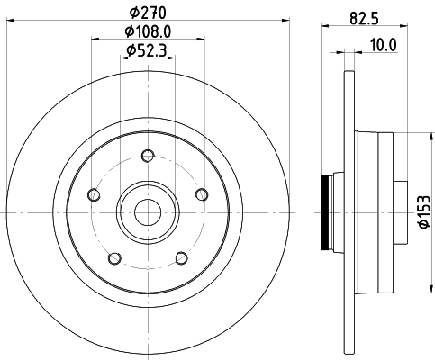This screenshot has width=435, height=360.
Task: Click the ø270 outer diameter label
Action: pos(148,13)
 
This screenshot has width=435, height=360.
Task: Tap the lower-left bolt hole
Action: pos(115,256)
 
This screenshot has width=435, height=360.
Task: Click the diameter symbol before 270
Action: pos(132,13)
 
